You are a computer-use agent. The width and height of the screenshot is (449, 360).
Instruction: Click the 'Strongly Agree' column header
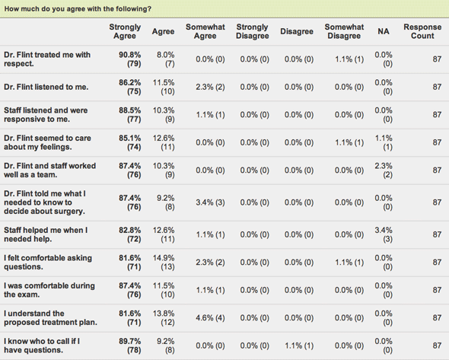tap(125, 31)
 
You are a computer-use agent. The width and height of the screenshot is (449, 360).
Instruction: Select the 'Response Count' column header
tap(422, 31)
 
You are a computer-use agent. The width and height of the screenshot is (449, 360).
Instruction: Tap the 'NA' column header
tap(384, 31)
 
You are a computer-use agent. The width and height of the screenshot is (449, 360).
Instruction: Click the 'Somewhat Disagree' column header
tap(344, 31)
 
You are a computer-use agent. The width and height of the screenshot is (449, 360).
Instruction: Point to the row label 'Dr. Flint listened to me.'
tap(46, 87)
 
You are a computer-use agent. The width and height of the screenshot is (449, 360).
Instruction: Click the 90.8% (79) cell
tap(130, 59)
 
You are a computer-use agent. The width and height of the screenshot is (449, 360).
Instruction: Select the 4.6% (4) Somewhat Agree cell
tap(210, 318)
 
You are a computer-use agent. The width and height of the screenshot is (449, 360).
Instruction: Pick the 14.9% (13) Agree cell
tap(164, 263)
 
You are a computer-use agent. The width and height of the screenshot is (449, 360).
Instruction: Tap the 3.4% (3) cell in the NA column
tap(384, 234)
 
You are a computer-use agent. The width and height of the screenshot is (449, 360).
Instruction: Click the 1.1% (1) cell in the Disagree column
tap(299, 346)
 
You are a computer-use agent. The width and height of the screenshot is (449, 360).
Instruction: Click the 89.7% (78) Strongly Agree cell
tap(130, 346)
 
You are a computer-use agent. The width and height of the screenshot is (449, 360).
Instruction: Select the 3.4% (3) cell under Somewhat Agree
tap(210, 202)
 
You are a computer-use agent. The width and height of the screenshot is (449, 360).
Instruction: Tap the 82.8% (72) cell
tap(130, 234)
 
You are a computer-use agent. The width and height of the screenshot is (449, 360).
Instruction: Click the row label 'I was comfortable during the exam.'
tap(49, 290)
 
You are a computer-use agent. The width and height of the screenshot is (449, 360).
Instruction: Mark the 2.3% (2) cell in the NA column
tap(384, 170)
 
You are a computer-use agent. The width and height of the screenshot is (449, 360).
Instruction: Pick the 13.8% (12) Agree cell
tap(164, 318)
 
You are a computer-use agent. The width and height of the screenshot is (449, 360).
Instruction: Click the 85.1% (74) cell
tap(130, 142)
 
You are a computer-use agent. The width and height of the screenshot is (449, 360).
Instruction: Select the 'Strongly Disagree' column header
tap(252, 31)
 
